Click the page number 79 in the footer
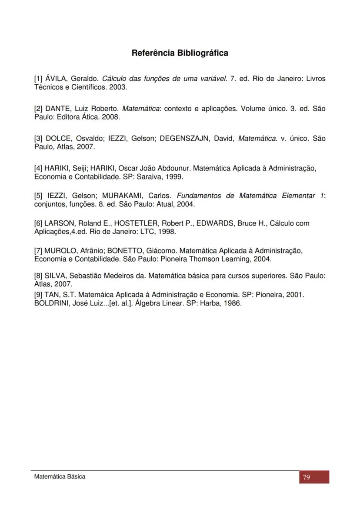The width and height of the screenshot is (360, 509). pos(307,477)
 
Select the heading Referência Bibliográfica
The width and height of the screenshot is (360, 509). pos(180,53)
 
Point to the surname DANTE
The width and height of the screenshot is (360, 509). pos(57,108)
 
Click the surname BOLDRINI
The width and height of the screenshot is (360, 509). pos(52,303)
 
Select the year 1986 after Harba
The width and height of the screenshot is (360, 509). pos(233,303)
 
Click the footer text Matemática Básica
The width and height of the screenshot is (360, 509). pos(60,476)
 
